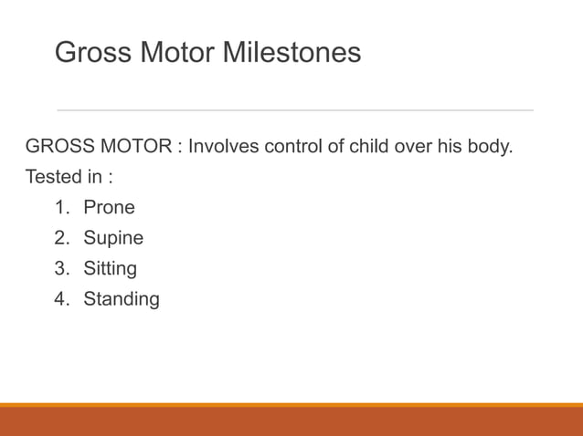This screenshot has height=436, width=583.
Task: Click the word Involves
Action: pos(225,146)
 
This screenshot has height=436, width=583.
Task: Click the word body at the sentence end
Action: pos(490,146)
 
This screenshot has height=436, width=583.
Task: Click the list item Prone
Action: pos(109,207)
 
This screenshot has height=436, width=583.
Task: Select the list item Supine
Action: pos(113,239)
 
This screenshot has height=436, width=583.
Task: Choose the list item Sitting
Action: pos(110,269)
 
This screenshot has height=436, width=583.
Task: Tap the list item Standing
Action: pos(121,299)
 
